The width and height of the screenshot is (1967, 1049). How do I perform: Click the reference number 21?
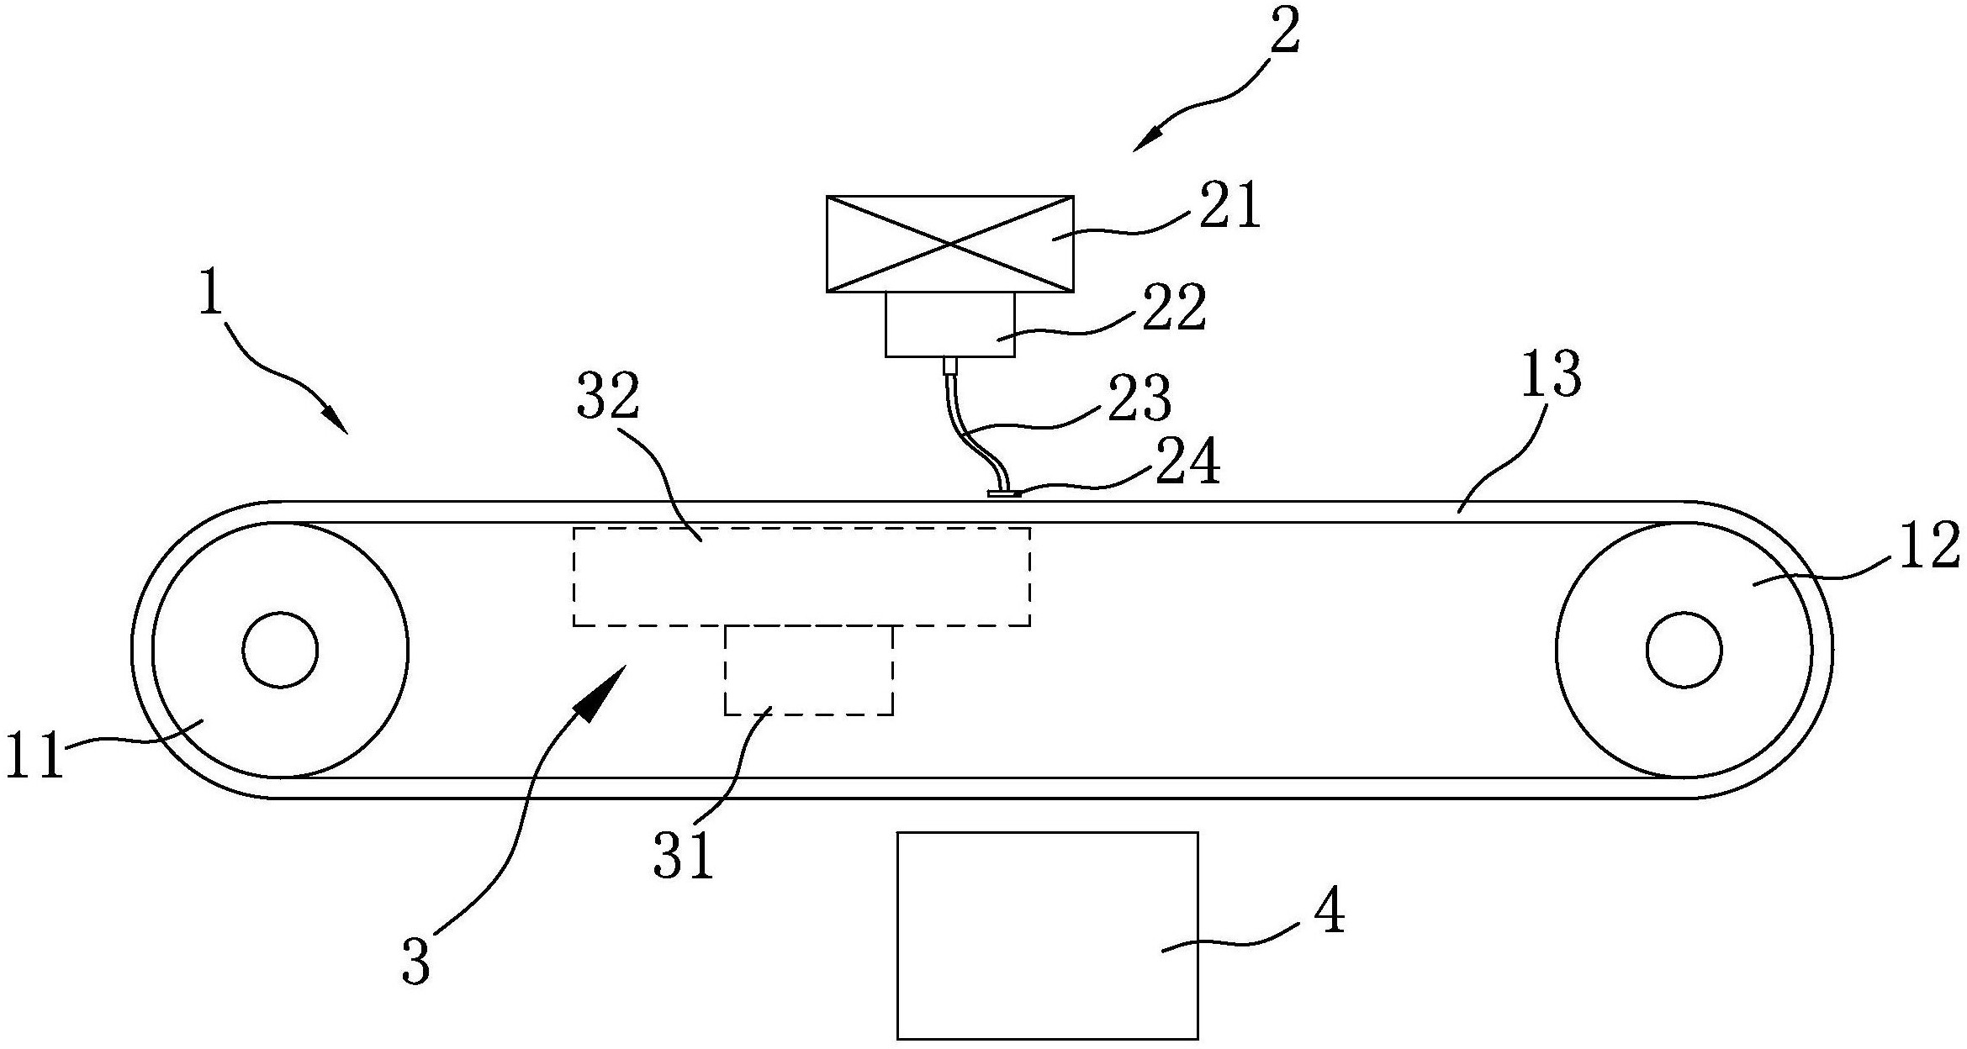pyautogui.click(x=1229, y=208)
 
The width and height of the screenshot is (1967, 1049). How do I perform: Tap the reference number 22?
pyautogui.click(x=1175, y=308)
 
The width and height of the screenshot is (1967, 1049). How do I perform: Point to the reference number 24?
pyautogui.click(x=1187, y=464)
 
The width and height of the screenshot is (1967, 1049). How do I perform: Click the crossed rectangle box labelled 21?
pyautogui.click(x=949, y=244)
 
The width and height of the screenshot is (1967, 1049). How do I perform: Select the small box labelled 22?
pyautogui.click(x=949, y=324)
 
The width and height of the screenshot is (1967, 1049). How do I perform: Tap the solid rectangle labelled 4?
pyautogui.click(x=1047, y=935)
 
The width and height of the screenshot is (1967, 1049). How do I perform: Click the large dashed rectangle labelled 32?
pyautogui.click(x=801, y=577)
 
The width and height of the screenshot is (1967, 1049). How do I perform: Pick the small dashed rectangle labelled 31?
pyautogui.click(x=808, y=671)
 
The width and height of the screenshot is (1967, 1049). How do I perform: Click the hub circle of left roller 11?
pyautogui.click(x=280, y=650)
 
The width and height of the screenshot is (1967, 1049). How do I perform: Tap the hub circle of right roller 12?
pyautogui.click(x=1684, y=650)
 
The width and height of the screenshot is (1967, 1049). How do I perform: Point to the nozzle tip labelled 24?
pyautogui.click(x=1004, y=494)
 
